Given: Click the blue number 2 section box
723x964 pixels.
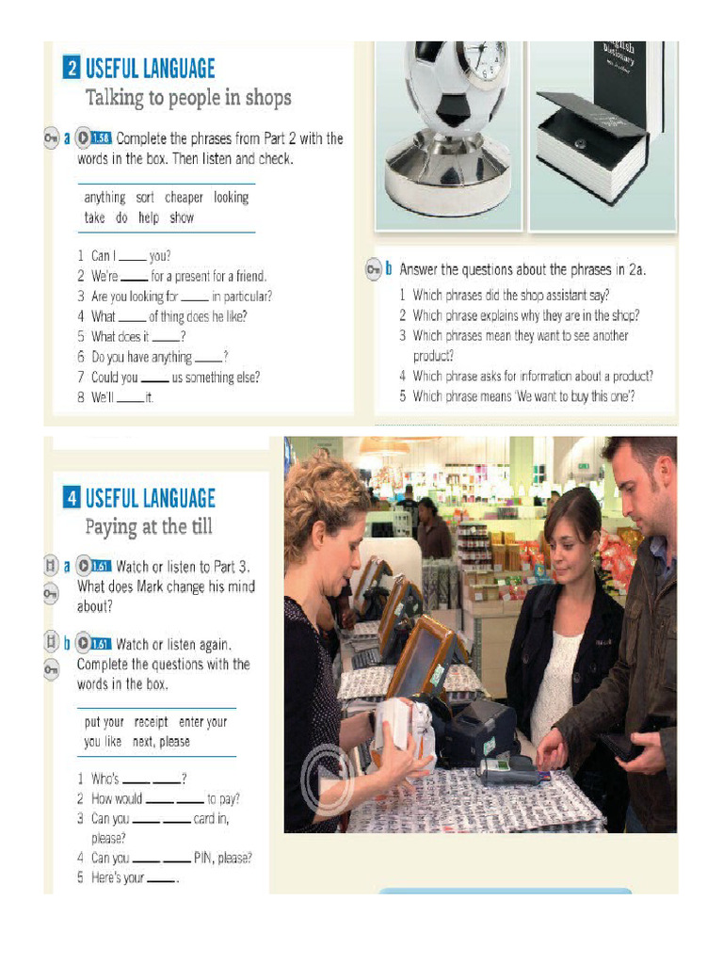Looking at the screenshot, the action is coord(72,67).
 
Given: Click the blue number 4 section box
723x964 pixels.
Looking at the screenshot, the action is coord(72,497).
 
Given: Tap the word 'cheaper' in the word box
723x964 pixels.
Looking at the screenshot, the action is coord(184,198).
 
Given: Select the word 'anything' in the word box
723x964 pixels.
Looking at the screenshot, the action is coord(104,198).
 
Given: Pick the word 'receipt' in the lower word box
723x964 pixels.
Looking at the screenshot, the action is coord(151,722).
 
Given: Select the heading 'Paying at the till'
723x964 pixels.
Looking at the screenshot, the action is coord(149,527).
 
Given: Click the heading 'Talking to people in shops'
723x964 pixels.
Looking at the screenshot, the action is coord(188,98).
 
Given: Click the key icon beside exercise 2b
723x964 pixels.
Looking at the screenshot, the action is coord(374,269).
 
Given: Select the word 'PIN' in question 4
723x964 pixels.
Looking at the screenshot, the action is coord(203,858).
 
